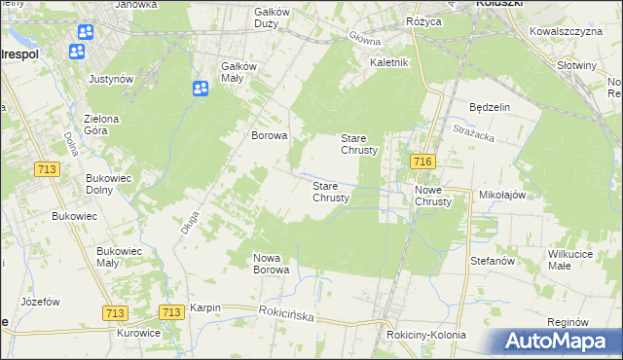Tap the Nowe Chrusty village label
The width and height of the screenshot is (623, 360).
[x=433, y=196]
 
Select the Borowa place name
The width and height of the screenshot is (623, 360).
[x=270, y=136]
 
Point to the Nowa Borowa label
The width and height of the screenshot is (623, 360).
[x=273, y=264]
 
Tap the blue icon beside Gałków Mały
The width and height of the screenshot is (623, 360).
[x=201, y=90]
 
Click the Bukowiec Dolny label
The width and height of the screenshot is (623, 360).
[x=109, y=184]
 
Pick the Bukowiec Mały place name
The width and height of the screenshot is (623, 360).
[x=121, y=257]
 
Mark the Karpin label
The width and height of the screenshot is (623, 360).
[x=205, y=307]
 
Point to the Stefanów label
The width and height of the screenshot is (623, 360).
[x=492, y=261]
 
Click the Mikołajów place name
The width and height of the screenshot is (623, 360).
[x=502, y=195]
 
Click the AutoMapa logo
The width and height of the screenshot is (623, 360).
[x=560, y=342]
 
